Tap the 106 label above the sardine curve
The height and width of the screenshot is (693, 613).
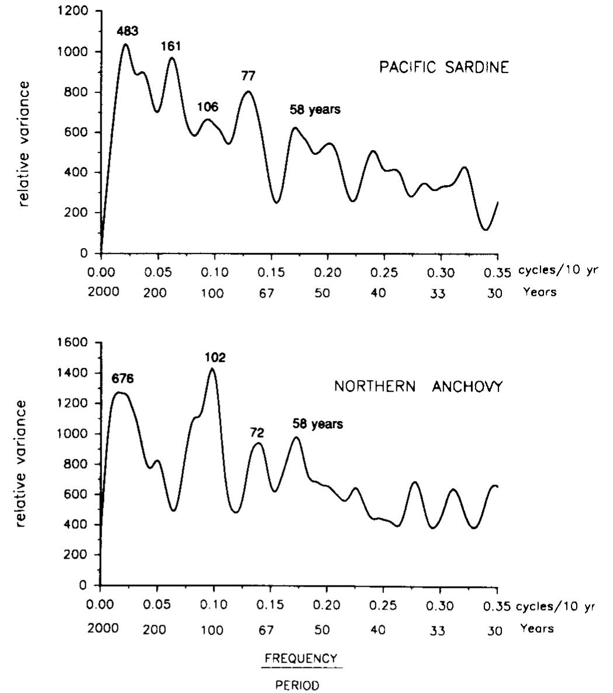click(x=207, y=107)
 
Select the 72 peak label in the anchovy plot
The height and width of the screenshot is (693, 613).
click(x=257, y=433)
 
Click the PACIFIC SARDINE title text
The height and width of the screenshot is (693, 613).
click(x=444, y=67)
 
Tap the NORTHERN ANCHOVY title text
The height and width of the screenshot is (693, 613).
click(x=418, y=387)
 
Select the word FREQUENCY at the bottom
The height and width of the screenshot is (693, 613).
click(x=301, y=659)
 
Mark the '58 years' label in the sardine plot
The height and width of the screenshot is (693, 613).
click(x=316, y=109)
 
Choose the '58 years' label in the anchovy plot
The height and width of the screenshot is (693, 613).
click(x=318, y=424)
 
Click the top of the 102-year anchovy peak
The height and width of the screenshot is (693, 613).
click(x=212, y=368)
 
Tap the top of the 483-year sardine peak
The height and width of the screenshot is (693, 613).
click(x=125, y=44)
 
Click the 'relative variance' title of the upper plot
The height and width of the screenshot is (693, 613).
click(x=24, y=144)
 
